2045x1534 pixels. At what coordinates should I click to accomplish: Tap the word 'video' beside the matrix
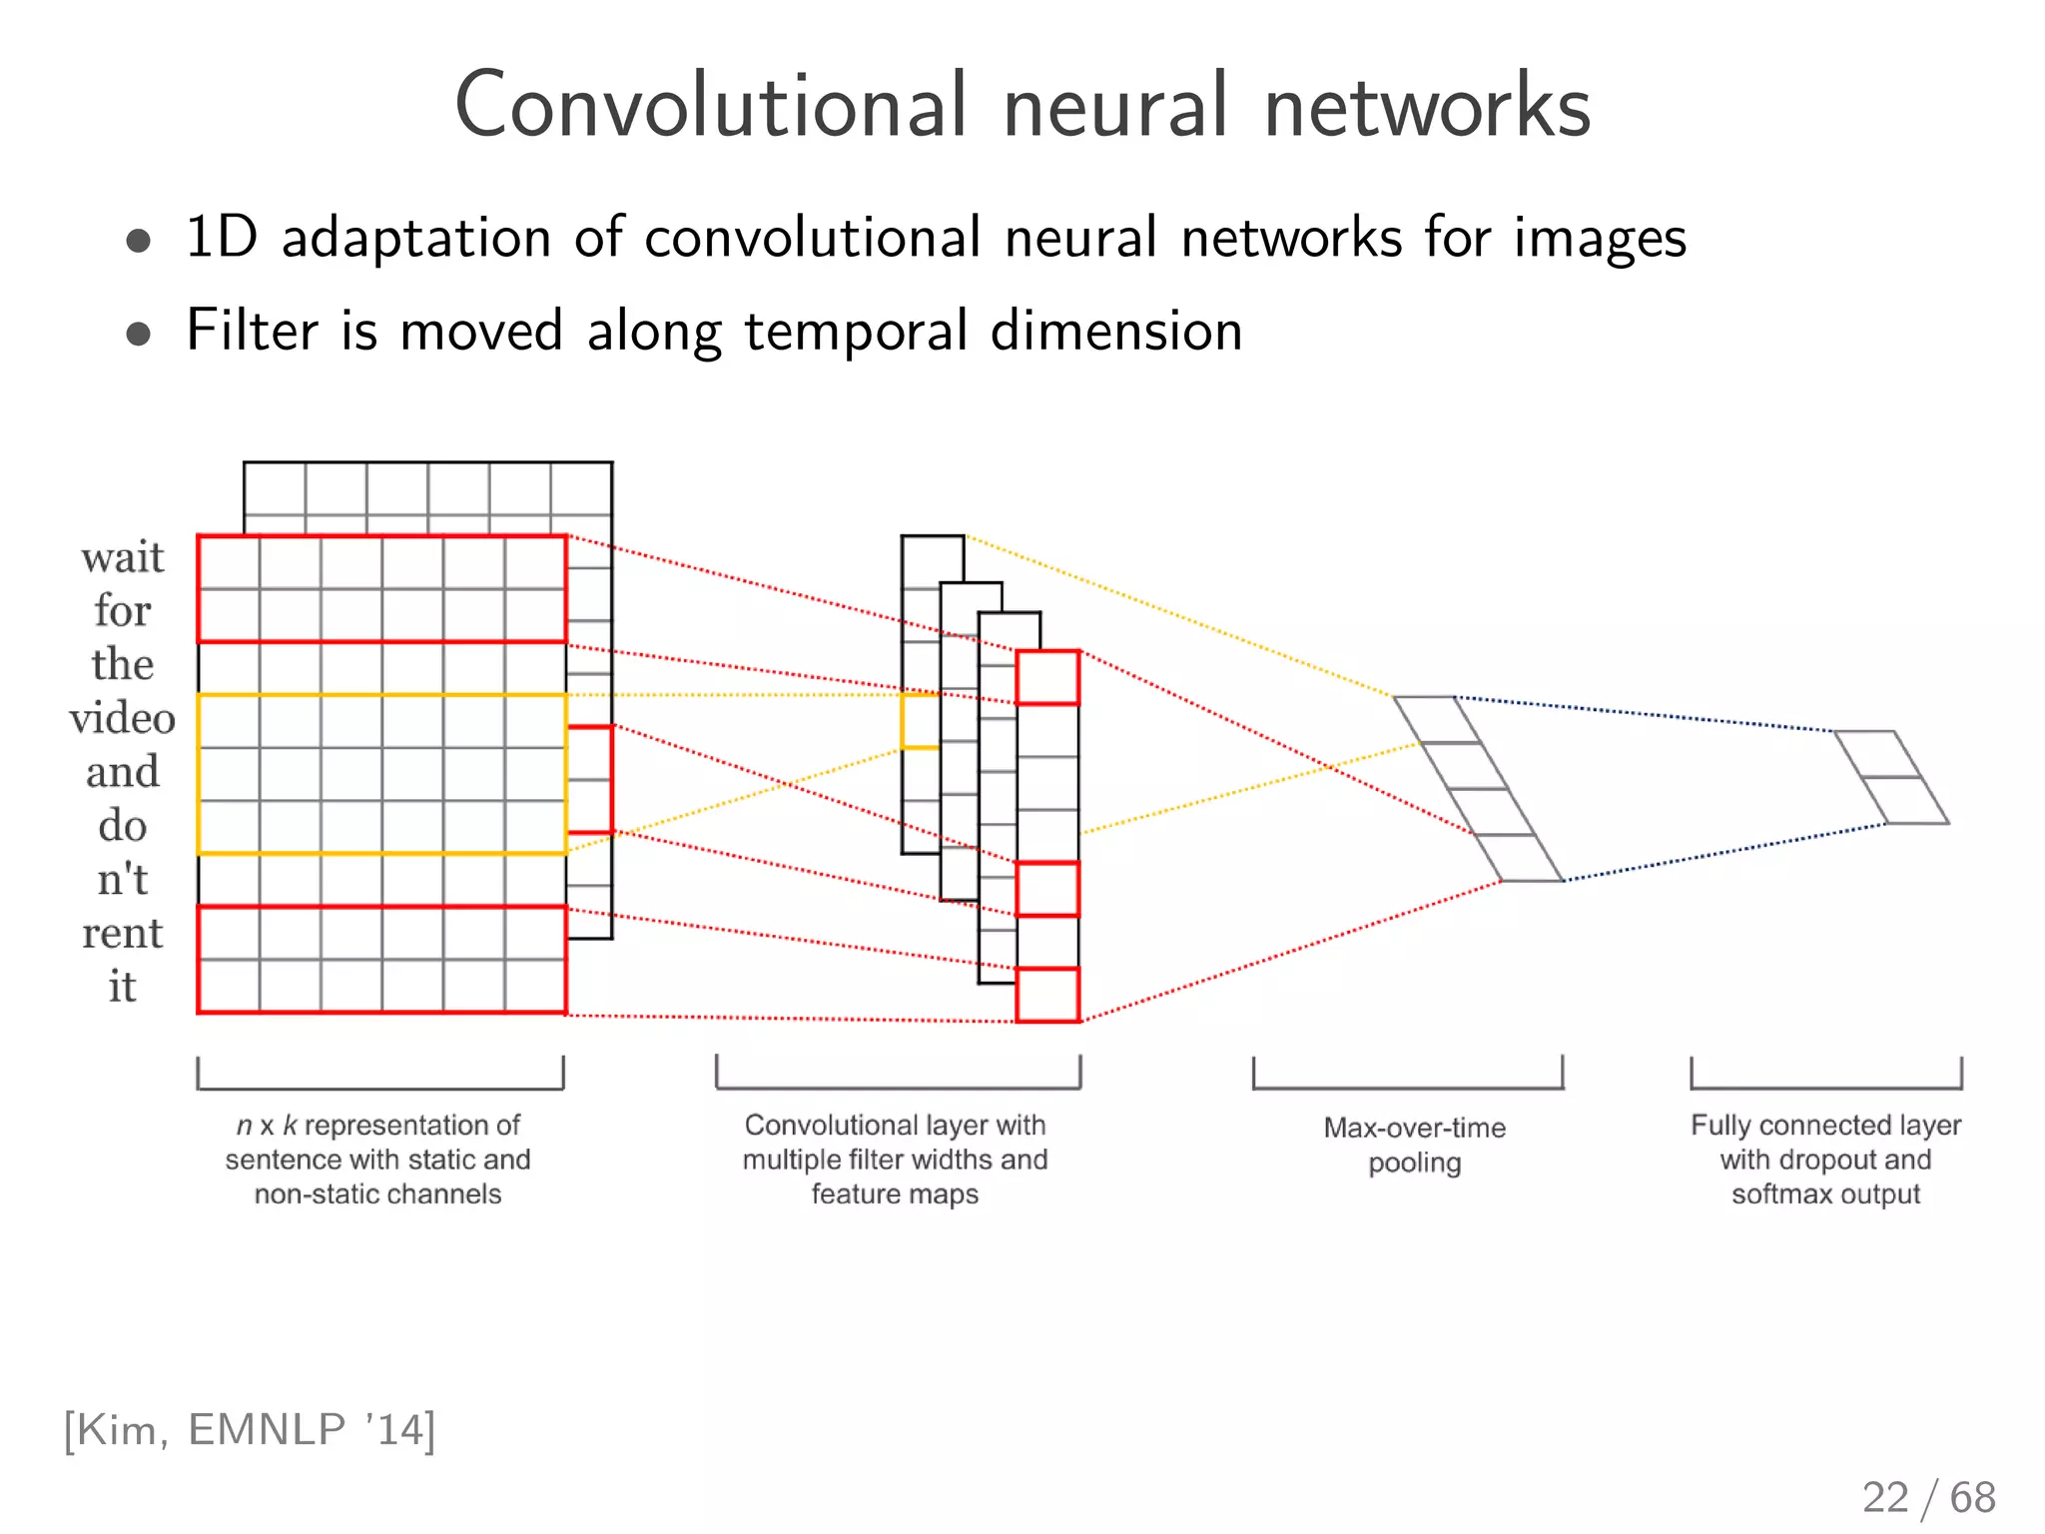[x=122, y=718]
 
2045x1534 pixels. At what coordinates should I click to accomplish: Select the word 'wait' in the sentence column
[x=122, y=557]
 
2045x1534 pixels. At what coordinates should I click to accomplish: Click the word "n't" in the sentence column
[x=122, y=880]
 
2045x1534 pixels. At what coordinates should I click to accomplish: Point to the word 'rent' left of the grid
[x=122, y=934]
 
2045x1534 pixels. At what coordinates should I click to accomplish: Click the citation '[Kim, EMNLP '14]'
[x=250, y=1430]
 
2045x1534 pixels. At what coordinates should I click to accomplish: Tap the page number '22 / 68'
[x=1928, y=1497]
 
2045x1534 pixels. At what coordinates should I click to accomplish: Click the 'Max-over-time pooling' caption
[x=1414, y=1145]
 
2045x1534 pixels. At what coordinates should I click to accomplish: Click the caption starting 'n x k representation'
[x=377, y=1158]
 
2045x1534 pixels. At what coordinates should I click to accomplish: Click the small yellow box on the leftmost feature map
[x=920, y=721]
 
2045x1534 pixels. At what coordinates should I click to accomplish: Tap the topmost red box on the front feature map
[x=1047, y=677]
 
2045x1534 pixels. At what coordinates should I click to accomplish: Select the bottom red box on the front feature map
[x=1047, y=995]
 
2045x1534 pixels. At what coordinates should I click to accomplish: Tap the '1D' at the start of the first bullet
[x=222, y=238]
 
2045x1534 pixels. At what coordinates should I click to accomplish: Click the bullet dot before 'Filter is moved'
[x=139, y=334]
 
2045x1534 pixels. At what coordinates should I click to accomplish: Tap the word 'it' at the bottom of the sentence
[x=122, y=987]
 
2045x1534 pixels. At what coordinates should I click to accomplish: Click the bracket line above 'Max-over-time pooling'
[x=1408, y=1088]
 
